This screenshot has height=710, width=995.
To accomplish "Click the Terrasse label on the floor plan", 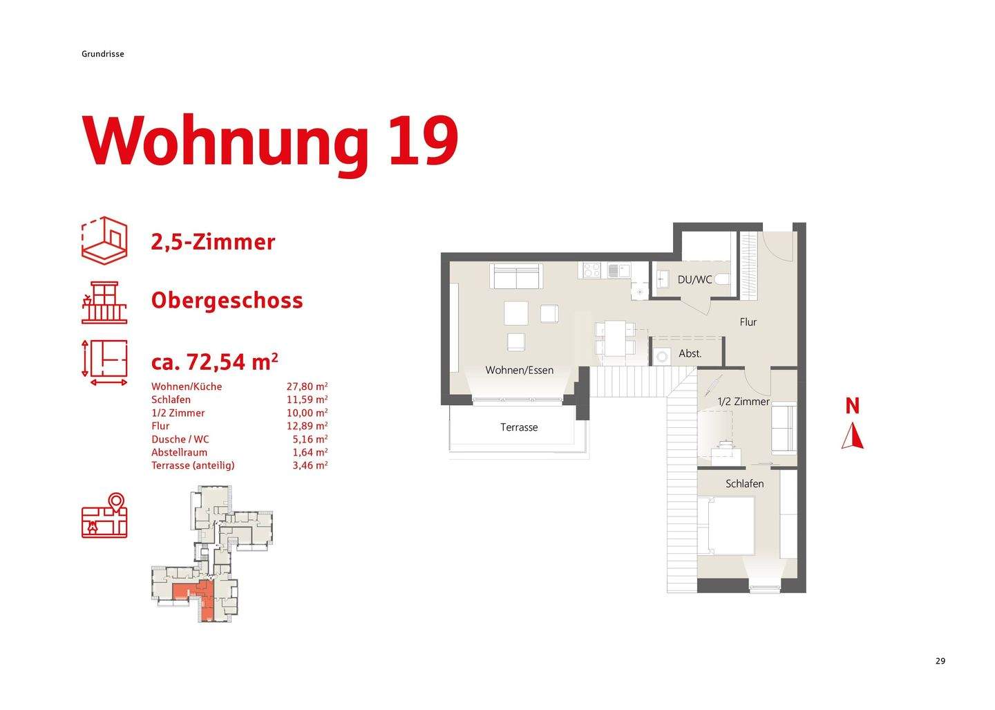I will [x=519, y=427].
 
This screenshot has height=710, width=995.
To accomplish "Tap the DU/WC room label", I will [x=694, y=279].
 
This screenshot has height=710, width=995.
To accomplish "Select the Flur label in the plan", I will [x=748, y=321].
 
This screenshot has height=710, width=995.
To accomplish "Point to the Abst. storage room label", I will [x=690, y=353].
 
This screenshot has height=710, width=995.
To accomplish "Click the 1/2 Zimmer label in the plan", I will [x=743, y=402].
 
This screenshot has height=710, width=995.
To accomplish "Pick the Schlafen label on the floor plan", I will [x=744, y=484].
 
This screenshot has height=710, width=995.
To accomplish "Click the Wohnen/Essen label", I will [x=519, y=370].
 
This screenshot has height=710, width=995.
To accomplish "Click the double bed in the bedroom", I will [x=726, y=525].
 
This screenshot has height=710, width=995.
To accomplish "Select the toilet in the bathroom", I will [x=721, y=279].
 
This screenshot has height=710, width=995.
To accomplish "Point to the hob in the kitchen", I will [x=592, y=270].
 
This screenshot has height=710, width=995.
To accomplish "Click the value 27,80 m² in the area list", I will [x=307, y=386].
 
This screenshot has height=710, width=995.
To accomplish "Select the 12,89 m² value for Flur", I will [x=307, y=426].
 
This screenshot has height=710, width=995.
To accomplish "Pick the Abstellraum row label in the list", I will [x=179, y=452].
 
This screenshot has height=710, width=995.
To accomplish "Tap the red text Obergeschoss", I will [x=227, y=301].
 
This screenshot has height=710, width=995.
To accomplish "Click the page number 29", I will [x=940, y=661].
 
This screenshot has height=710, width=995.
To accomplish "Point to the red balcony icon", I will [x=104, y=302].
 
